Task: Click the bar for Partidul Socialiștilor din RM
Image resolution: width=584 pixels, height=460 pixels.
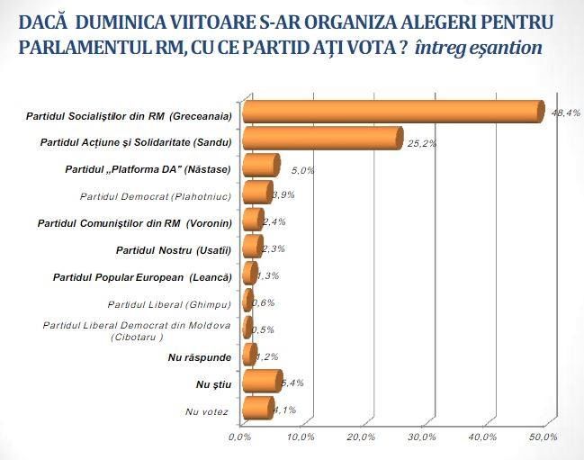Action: [x=393, y=112]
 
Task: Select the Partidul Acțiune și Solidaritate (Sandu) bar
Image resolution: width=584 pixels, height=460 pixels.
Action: [x=323, y=139]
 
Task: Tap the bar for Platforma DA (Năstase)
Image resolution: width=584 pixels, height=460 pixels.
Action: [x=261, y=165]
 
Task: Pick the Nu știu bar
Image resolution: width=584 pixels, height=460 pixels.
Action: [x=262, y=381]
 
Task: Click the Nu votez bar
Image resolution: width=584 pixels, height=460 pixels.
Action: [x=258, y=408]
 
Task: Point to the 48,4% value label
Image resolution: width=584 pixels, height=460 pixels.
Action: [x=566, y=113]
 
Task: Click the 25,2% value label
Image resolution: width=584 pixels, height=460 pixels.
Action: [x=422, y=144]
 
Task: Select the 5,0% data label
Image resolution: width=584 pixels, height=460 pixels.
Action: [x=303, y=171]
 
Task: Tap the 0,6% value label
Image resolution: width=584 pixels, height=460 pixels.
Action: [x=264, y=302]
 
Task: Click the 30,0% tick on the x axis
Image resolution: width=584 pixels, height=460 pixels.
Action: [x=423, y=437]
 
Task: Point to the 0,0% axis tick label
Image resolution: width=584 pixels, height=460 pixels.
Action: [x=240, y=437]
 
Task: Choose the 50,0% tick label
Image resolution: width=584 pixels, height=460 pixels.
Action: [x=544, y=437]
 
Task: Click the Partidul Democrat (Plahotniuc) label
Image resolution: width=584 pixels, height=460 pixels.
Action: [x=156, y=196]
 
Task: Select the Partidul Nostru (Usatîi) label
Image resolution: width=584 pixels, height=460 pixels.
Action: [x=174, y=250]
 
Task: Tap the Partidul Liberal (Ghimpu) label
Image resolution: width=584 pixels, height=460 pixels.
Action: [x=169, y=304]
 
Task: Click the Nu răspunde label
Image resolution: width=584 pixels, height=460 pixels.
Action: [x=200, y=357]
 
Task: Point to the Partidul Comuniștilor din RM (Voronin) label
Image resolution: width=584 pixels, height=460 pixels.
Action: [x=135, y=223]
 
